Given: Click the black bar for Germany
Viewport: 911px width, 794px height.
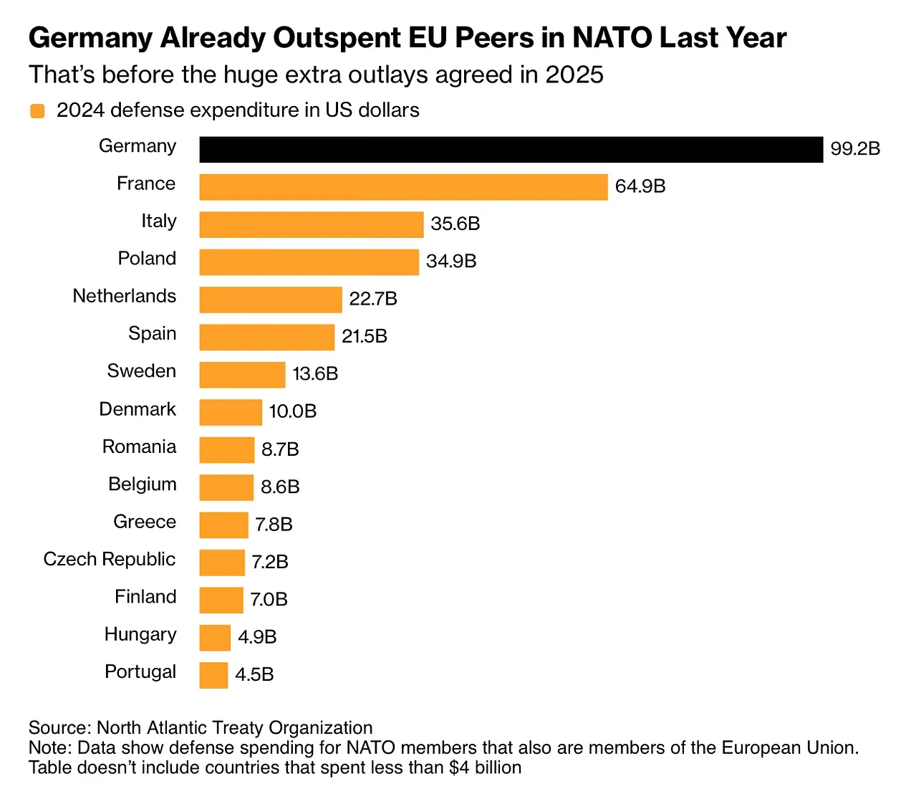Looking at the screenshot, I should point(511,150).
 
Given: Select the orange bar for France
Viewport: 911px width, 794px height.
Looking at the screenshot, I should point(403,187).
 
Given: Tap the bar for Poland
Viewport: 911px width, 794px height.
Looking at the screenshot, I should point(309,262).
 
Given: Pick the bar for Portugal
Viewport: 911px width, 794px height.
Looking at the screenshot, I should point(213,675).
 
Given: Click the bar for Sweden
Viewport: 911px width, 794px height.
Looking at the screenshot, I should point(242,375).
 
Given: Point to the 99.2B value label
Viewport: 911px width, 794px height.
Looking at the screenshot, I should point(855,149).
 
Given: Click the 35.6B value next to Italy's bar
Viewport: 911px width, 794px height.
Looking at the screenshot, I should point(455,224).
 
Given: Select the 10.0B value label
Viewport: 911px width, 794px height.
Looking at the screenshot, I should point(292,412).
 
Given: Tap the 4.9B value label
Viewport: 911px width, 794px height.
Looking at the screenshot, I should point(257,637).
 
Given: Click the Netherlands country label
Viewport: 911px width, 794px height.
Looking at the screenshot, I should point(125,296).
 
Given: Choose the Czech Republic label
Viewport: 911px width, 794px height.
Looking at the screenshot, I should point(110,559).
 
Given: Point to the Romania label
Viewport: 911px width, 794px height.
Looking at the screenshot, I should point(139,446).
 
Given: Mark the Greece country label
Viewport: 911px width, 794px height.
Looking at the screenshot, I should point(145,522).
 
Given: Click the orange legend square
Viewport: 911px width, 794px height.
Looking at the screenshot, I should point(37,111).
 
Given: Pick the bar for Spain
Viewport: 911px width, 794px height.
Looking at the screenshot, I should point(266,338).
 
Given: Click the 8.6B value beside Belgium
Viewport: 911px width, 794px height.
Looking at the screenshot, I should point(280,487).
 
